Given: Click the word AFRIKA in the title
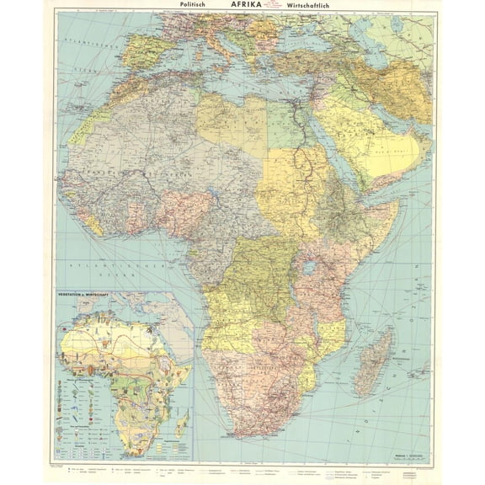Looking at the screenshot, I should (x=242, y=4).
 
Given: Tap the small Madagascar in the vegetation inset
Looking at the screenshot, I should (x=183, y=418).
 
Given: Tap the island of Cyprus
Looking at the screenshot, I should (x=311, y=86).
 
